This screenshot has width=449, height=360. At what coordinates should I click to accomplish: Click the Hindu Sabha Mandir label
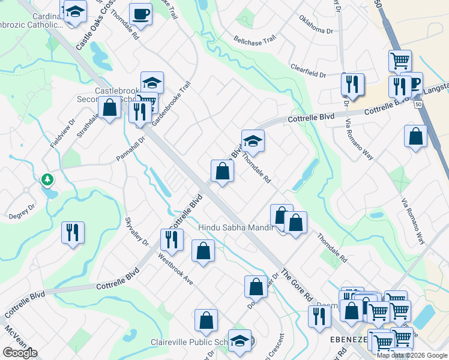(235, 227)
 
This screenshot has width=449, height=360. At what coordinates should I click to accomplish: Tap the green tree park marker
(47, 179)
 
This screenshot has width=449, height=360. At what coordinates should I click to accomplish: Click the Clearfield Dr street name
(307, 71)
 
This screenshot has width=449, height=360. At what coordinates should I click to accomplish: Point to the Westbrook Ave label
(175, 268)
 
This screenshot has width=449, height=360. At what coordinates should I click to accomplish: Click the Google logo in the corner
(20, 353)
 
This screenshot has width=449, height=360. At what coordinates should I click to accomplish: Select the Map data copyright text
(412, 355)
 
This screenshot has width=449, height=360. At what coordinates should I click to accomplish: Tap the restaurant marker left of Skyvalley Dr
(73, 232)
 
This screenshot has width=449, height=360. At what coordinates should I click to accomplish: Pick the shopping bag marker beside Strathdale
(110, 108)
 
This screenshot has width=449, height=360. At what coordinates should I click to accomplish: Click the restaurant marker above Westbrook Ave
(172, 239)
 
